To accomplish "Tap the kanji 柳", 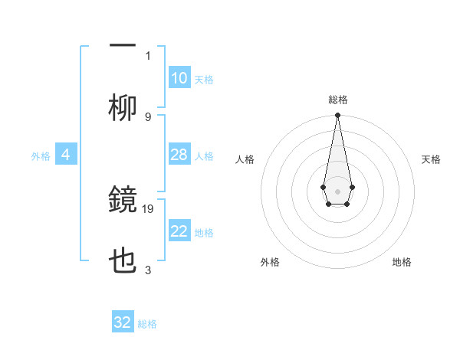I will tap(123, 110).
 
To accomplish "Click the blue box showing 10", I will tap(179, 78).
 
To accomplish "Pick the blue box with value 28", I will tap(179, 155).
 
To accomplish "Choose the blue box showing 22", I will tap(179, 231).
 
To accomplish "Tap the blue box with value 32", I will tap(123, 322).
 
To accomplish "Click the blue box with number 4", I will tap(65, 155).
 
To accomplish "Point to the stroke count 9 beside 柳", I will tap(148, 116).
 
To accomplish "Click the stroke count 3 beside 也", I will tap(148, 270).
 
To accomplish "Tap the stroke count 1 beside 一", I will tap(148, 55).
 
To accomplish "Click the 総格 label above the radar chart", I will tap(337, 100).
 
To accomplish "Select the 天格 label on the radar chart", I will tap(432, 159).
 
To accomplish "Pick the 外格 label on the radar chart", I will tap(270, 263).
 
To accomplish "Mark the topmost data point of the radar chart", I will tap(337, 116).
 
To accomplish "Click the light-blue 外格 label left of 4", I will tap(41, 155).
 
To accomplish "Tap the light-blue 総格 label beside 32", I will tap(147, 324).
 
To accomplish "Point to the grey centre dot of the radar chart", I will tap(337, 190).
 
